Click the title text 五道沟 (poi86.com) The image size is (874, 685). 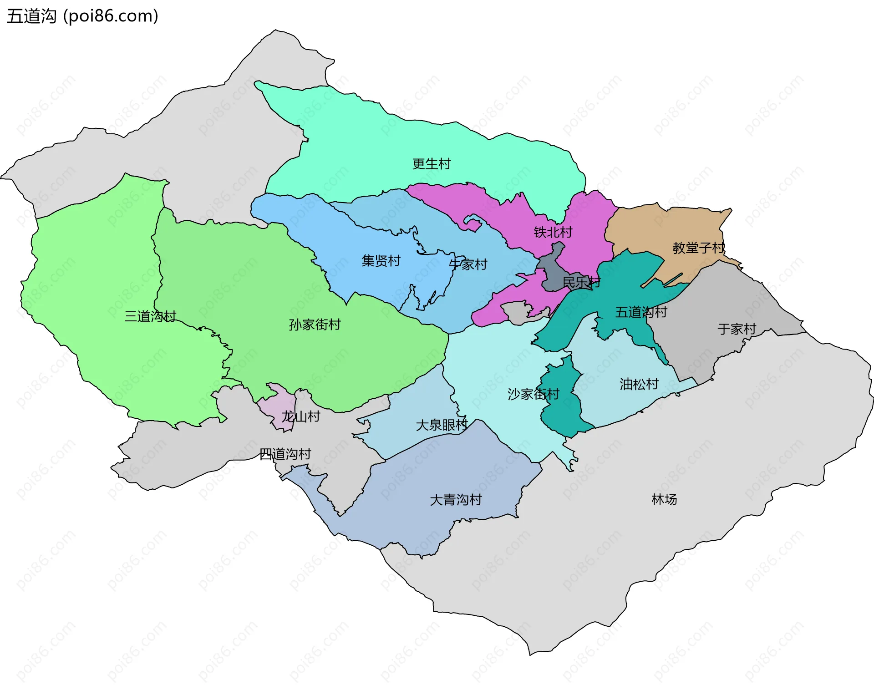(x=82, y=16)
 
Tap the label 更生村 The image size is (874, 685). (x=431, y=164)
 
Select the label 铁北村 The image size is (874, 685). (x=553, y=233)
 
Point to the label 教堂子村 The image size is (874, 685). (x=698, y=248)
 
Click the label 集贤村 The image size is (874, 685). (x=381, y=261)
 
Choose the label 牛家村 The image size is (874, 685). (x=468, y=264)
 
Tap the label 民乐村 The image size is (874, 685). (x=581, y=282)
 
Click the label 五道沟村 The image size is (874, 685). (x=641, y=312)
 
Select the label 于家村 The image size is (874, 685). (x=737, y=329)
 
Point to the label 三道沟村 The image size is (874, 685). (x=150, y=316)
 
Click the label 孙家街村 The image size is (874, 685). (x=315, y=325)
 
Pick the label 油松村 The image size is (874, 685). (x=639, y=385)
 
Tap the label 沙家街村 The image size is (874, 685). (x=533, y=394)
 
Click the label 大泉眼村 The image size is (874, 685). (x=442, y=425)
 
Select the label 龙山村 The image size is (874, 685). (x=300, y=416)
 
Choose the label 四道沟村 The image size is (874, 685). (x=285, y=454)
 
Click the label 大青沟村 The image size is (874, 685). (x=456, y=500)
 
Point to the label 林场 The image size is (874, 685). (x=664, y=500)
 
